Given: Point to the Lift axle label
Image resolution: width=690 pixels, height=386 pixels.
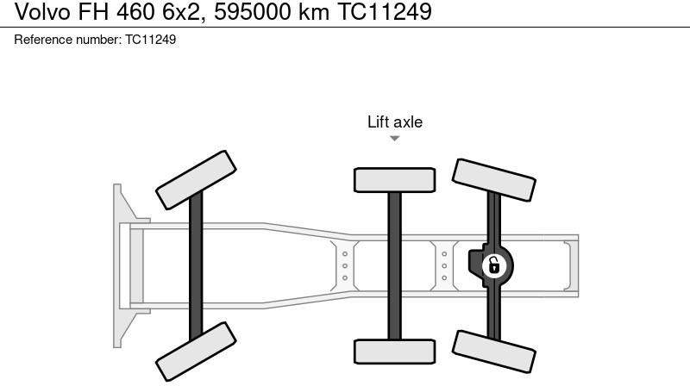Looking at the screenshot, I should (x=395, y=122).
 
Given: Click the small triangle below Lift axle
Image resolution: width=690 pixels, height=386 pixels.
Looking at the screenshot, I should (x=395, y=138).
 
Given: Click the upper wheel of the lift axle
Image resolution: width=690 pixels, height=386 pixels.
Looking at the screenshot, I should (x=394, y=179).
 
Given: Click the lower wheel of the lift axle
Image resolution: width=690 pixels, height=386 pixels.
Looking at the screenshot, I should (x=394, y=352).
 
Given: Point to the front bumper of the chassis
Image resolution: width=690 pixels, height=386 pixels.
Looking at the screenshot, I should (x=122, y=265).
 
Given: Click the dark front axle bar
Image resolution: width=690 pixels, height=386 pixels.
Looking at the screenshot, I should (x=196, y=265).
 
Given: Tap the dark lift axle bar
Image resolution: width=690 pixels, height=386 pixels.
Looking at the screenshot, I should (x=394, y=265).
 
